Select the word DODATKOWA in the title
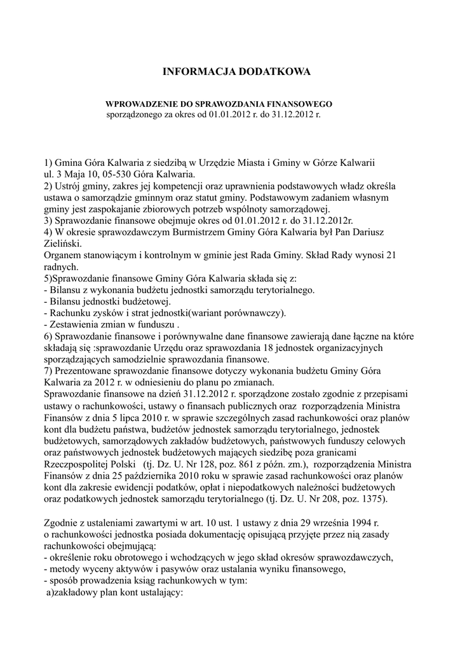274,72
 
